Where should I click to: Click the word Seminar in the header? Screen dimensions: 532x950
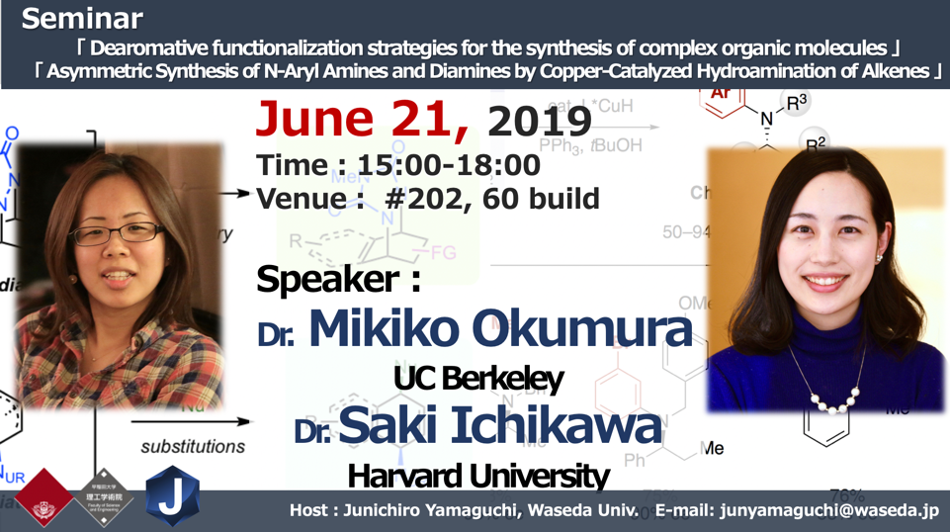[82, 19]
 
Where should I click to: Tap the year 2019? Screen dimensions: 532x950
[539, 122]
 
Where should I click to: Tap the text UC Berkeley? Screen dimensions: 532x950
[477, 379]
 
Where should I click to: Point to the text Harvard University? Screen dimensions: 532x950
[477, 477]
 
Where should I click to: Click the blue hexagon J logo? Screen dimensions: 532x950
[172, 496]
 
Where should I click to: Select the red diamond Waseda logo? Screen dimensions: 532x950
[43, 497]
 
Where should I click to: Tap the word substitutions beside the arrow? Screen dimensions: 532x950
[193, 446]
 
